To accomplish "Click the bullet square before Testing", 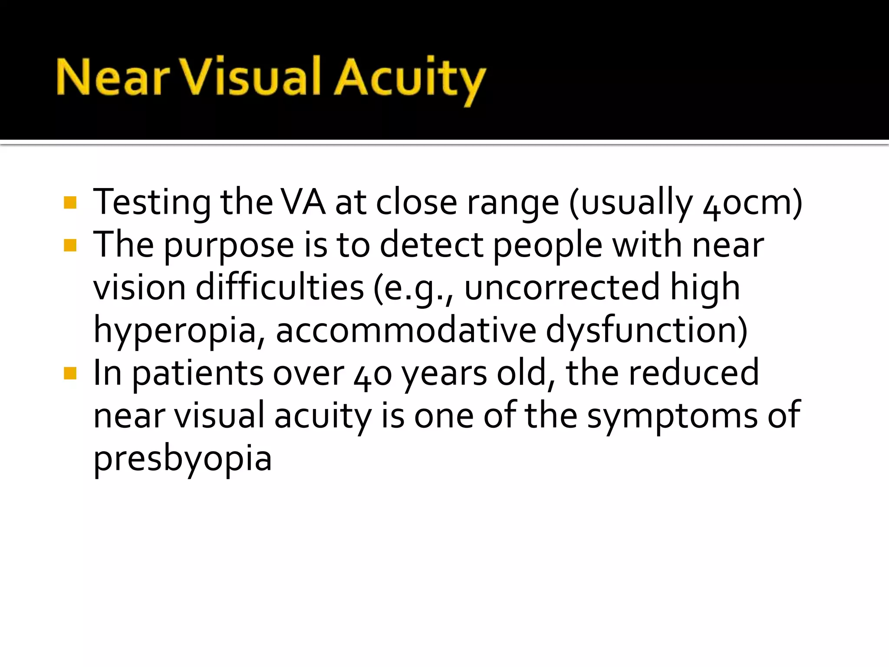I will tap(70, 203).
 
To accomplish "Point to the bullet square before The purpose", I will tap(70, 246).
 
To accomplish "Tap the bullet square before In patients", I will tap(70, 373).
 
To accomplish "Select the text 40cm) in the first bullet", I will tap(752, 203).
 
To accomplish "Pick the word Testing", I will tap(152, 203).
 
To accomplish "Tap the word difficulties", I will tap(280, 287).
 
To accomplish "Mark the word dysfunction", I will tap(646, 330).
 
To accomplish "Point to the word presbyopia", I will tap(183, 459).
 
